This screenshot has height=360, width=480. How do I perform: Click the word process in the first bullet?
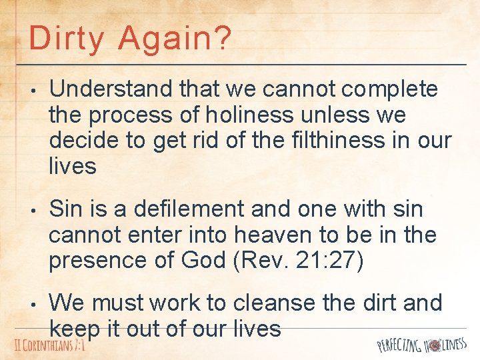[132, 115]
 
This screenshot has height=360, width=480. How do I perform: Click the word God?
[199, 261]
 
